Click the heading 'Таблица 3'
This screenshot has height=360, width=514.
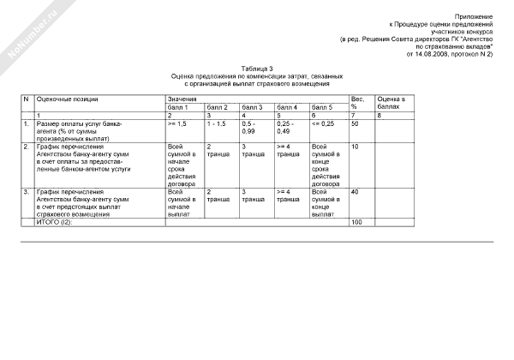pyautogui.click(x=257, y=68)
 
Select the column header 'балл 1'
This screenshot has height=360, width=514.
pyautogui.click(x=179, y=107)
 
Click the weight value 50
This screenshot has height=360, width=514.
pyautogui.click(x=356, y=124)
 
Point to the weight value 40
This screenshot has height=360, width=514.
pyautogui.click(x=356, y=191)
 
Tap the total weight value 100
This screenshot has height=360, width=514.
pyautogui.click(x=357, y=222)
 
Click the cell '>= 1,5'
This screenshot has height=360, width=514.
pyautogui.click(x=177, y=124)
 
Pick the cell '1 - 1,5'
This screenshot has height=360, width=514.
pyautogui.click(x=217, y=124)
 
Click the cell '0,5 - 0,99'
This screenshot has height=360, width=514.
pyautogui.click(x=250, y=128)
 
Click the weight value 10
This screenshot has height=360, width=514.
pyautogui.click(x=356, y=147)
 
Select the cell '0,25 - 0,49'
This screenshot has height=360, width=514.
pyautogui.click(x=287, y=128)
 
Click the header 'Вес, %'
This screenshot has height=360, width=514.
pyautogui.click(x=357, y=104)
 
